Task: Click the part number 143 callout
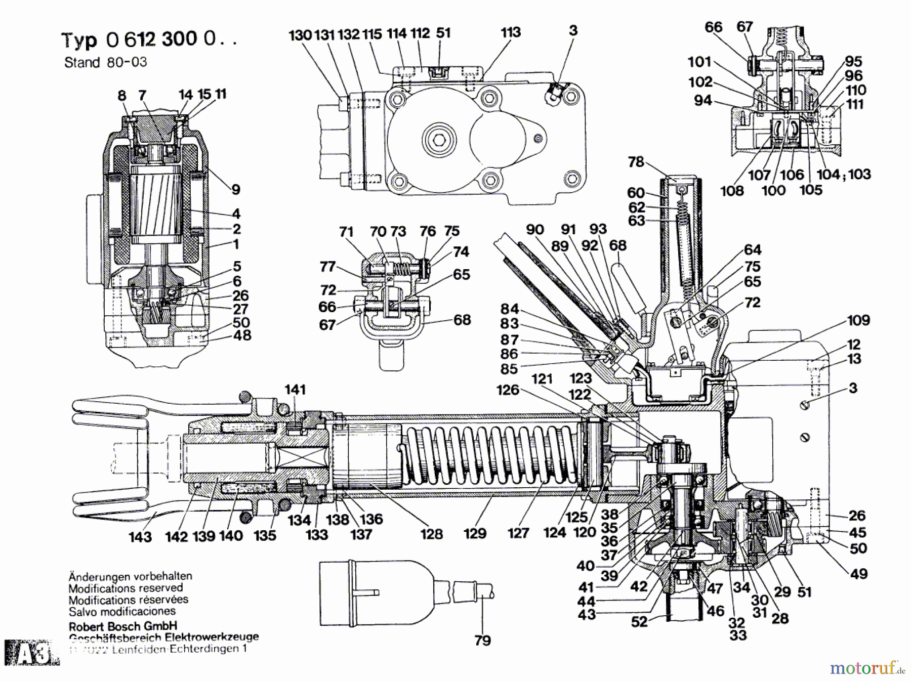140,537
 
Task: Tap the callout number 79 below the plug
482,641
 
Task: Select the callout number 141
295,389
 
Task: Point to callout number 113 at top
510,32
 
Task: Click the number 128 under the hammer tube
431,534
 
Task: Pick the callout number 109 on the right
858,320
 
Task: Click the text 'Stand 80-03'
105,62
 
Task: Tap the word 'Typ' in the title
78,40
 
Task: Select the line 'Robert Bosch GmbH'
123,625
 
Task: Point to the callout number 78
636,161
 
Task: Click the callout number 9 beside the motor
236,190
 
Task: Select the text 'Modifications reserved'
125,588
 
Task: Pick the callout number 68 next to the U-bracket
462,320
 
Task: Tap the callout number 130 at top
300,35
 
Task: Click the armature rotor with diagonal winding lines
156,208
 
